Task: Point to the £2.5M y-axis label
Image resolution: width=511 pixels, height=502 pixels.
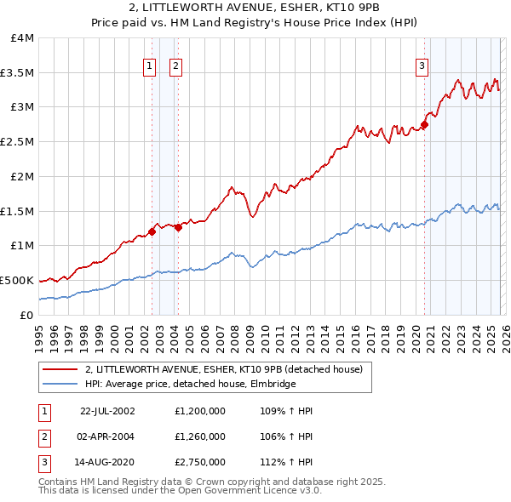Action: click(18, 142)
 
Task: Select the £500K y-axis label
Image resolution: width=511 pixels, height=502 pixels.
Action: click(18, 280)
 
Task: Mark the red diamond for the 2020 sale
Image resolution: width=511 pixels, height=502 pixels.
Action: click(424, 125)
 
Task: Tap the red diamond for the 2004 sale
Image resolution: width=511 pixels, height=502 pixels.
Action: click(178, 227)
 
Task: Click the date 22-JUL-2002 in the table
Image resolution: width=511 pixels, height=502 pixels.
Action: click(107, 411)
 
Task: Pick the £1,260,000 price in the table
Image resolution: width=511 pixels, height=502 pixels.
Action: click(198, 436)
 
